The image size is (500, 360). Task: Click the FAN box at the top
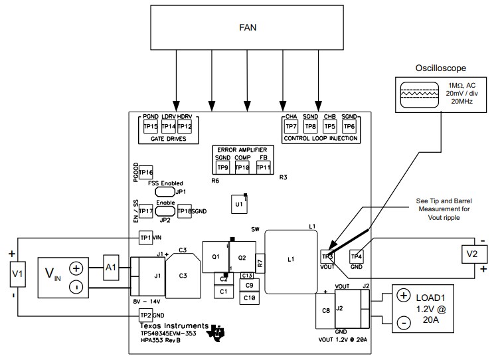pyautogui.click(x=247, y=29)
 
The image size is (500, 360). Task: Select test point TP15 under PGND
pyautogui.click(x=150, y=127)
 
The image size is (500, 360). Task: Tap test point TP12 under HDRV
pyautogui.click(x=185, y=127)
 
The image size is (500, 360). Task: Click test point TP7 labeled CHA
pyautogui.click(x=291, y=127)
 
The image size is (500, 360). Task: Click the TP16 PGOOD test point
pyautogui.click(x=145, y=173)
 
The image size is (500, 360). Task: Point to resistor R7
pyautogui.click(x=260, y=264)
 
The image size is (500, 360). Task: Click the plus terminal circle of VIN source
pyautogui.click(x=76, y=268)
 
